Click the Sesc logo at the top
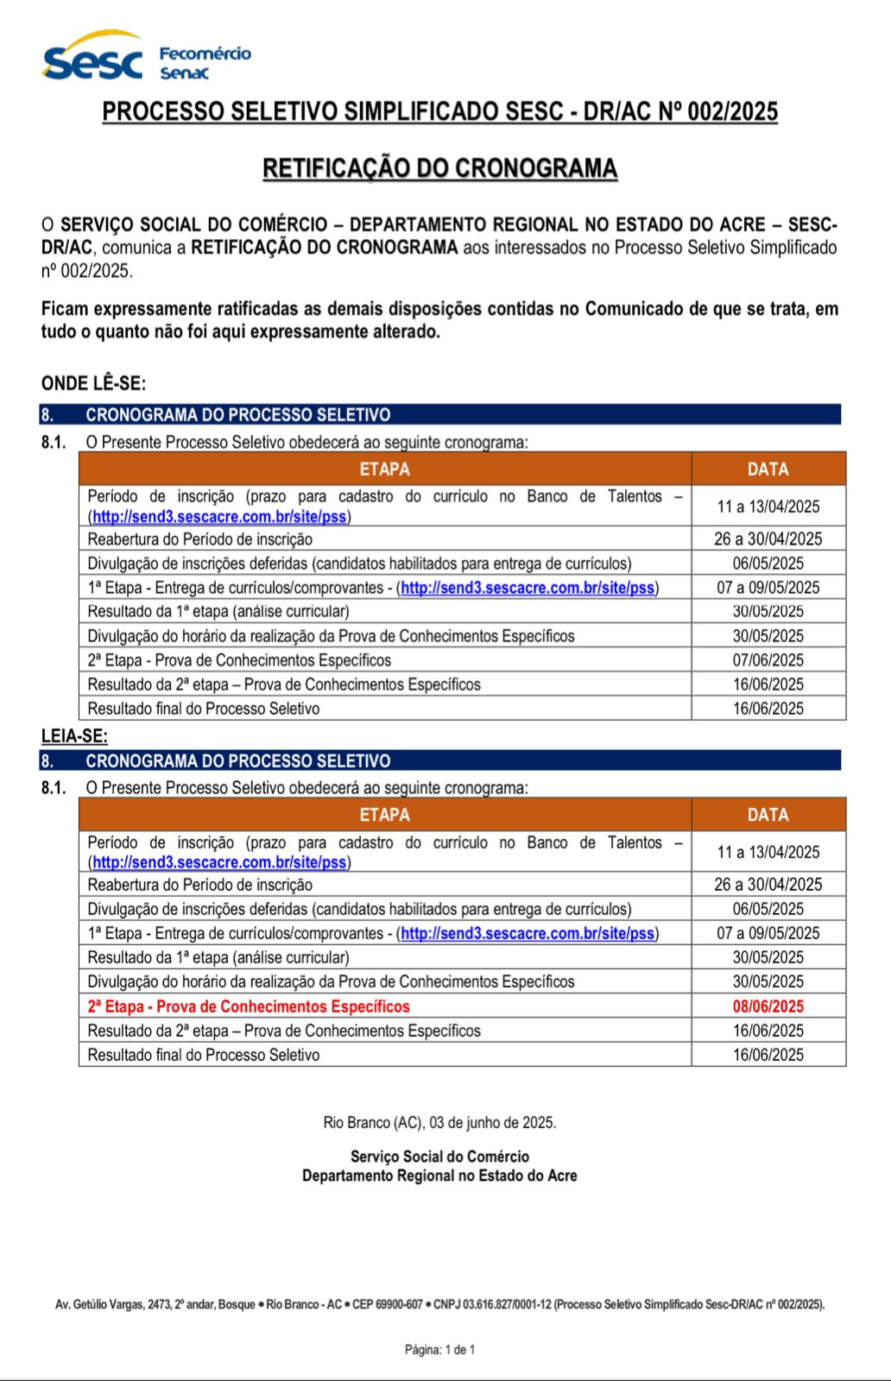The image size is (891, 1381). [x=92, y=59]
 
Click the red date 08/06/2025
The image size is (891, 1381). [x=768, y=1006]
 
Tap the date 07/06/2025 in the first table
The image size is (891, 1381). [x=768, y=660]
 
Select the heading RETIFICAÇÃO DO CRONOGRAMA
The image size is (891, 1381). [x=439, y=168]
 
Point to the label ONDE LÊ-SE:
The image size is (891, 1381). [x=93, y=383]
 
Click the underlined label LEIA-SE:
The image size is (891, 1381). [x=74, y=736]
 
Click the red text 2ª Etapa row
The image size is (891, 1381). [x=249, y=1006]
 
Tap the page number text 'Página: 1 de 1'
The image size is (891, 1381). [x=439, y=1350]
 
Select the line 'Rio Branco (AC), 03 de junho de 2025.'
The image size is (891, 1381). [x=439, y=1123]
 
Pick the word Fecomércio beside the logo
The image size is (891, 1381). [x=205, y=54]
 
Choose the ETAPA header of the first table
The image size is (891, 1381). [x=384, y=469]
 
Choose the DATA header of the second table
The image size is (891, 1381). [x=768, y=815]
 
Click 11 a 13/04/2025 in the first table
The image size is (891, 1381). [x=768, y=507]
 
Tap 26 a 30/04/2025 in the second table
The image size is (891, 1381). [x=768, y=885]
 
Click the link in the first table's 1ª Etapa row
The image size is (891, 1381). [x=528, y=588]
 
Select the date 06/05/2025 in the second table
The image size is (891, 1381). [x=768, y=909]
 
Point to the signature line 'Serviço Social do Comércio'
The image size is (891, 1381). [x=439, y=1157]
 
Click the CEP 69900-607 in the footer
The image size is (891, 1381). [x=400, y=1305]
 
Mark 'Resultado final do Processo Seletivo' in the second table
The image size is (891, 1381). [x=204, y=1055]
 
